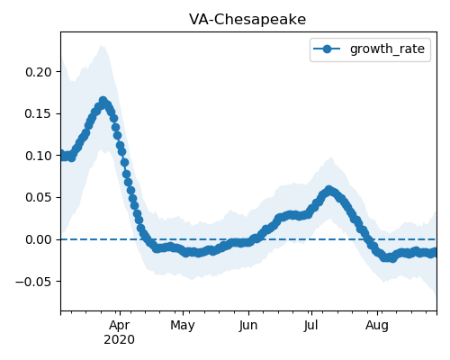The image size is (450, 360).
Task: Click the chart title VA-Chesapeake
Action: tap(247, 20)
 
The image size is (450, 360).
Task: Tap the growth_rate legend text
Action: tap(387, 49)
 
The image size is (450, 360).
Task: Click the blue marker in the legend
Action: tap(327, 49)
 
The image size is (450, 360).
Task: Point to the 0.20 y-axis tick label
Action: tap(39, 72)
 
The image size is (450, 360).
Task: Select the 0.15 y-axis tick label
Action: tap(39, 113)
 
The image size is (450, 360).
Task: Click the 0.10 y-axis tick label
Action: tap(39, 156)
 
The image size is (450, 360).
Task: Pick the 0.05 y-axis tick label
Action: tap(39, 198)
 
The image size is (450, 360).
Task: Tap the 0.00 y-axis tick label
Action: tap(39, 239)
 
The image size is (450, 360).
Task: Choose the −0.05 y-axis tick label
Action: tap(33, 282)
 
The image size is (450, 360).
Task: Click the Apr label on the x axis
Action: tap(120, 326)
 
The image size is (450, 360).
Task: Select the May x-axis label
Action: tap(183, 326)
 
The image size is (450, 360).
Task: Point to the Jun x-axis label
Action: tap(248, 326)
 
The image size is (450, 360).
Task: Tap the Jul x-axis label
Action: tap(311, 326)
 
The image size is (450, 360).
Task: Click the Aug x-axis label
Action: tap(377, 326)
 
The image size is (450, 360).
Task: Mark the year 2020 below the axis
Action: tap(120, 340)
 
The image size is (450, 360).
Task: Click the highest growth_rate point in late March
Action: tap(103, 101)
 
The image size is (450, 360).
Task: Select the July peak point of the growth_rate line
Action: tap(329, 190)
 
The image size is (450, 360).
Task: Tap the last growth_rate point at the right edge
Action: tap(435, 252)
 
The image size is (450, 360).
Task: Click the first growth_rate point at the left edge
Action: tap(62, 155)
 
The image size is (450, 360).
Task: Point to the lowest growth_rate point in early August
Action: tap(392, 258)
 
